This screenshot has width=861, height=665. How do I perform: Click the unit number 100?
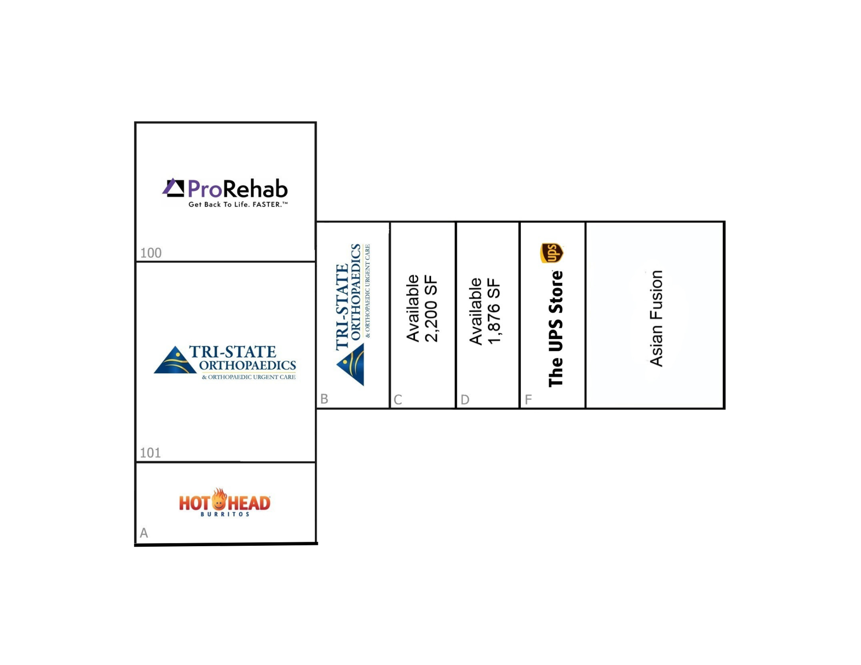pos(151,253)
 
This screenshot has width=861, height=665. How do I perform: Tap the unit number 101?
pos(150,453)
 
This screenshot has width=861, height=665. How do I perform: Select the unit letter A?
pos(144,533)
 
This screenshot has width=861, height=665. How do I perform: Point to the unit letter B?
pos(324,399)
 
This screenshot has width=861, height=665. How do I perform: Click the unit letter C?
pos(398,399)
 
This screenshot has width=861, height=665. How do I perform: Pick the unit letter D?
pos(465,399)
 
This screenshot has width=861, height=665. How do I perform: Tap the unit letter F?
pos(528,399)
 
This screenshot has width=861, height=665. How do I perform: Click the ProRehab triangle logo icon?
pos(173,188)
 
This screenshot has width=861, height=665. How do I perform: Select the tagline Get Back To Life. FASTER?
pos(238,204)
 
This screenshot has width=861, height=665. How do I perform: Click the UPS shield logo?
pos(551,253)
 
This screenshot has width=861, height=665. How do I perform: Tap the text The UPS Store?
pos(556,329)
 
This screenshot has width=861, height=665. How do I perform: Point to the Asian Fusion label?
pos(656,318)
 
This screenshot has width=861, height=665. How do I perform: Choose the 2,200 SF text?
pos(431,309)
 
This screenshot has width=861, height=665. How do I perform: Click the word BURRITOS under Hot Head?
pos(225,514)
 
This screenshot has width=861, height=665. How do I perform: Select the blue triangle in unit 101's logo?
pos(174,360)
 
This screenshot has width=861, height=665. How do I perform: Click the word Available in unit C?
pos(413,309)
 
